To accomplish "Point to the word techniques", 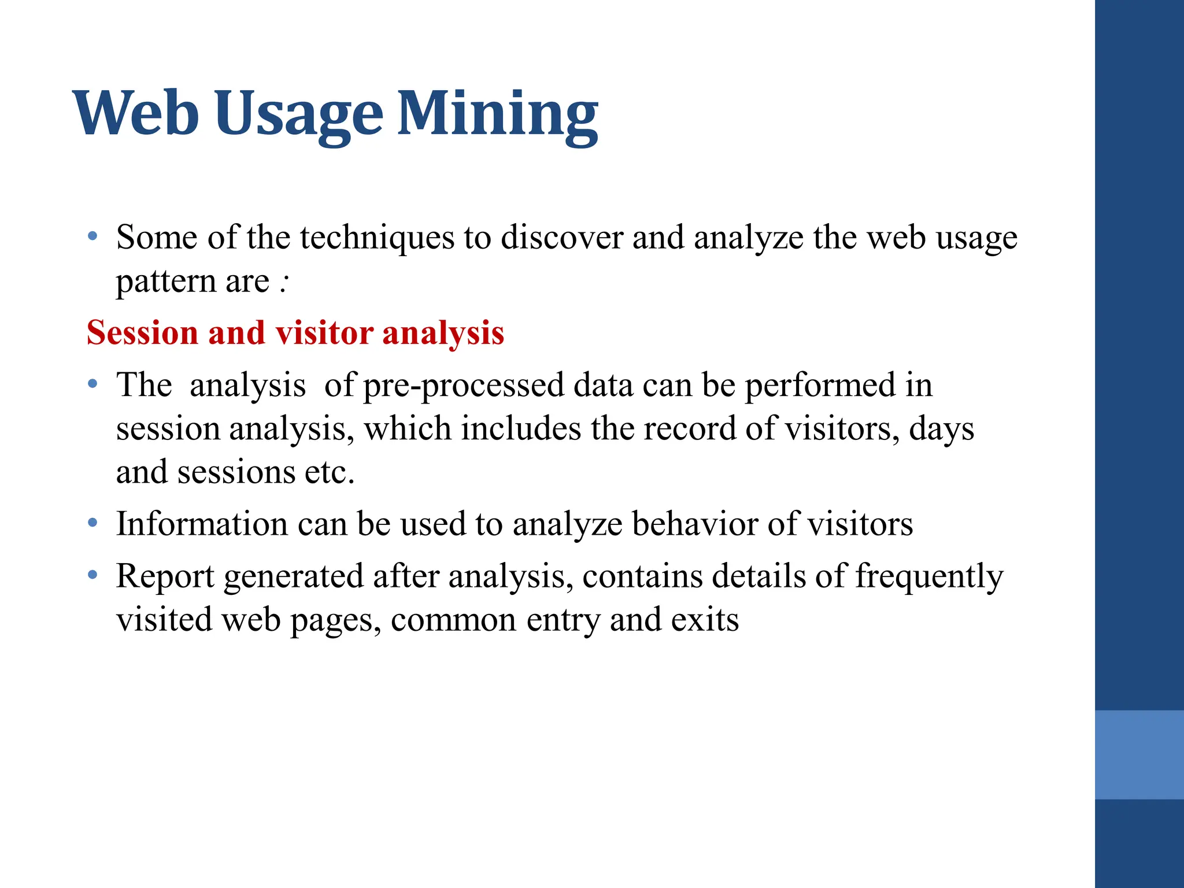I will pos(377,238).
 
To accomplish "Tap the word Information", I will pos(202,524).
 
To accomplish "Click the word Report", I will pos(165,576).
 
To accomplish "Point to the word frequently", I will pos(929,576).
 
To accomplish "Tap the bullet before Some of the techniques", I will pos(92,236).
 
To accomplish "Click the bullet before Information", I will pos(92,523).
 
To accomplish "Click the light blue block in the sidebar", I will pos(1139,754).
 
